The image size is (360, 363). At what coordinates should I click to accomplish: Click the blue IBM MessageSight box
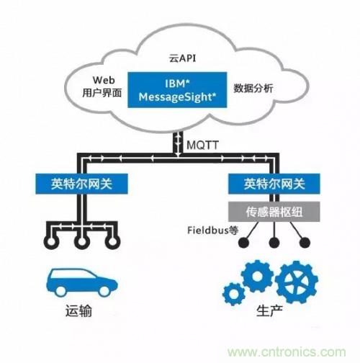click(x=177, y=90)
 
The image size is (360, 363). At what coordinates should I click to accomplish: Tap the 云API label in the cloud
click(x=182, y=58)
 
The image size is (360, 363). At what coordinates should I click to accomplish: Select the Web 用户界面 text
click(x=102, y=86)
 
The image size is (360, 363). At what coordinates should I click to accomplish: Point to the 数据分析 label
click(x=253, y=88)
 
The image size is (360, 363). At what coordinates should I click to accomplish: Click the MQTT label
click(x=202, y=145)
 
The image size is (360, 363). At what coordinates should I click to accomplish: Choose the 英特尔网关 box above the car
click(x=81, y=184)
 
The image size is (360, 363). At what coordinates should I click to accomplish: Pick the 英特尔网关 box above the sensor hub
click(x=274, y=184)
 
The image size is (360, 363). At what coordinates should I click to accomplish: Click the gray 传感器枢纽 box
click(x=274, y=212)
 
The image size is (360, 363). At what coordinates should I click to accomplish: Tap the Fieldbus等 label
click(x=212, y=230)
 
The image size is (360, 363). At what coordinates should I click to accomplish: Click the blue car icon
click(x=81, y=282)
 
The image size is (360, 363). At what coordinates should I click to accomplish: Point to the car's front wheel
click(x=104, y=291)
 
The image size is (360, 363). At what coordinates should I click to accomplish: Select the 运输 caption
click(x=78, y=311)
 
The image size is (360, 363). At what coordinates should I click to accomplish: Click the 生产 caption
click(x=269, y=311)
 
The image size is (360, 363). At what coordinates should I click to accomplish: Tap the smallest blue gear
click(x=234, y=294)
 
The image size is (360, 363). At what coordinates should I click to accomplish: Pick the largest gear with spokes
click(x=297, y=282)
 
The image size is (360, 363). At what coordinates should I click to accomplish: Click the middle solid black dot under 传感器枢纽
click(x=274, y=243)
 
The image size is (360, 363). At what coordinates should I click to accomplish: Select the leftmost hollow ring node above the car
click(x=51, y=241)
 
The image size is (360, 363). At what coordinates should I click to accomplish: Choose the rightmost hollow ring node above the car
click(x=112, y=241)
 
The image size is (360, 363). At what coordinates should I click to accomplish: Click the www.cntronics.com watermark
click(x=287, y=351)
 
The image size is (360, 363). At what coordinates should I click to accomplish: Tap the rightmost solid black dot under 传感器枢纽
click(x=305, y=243)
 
